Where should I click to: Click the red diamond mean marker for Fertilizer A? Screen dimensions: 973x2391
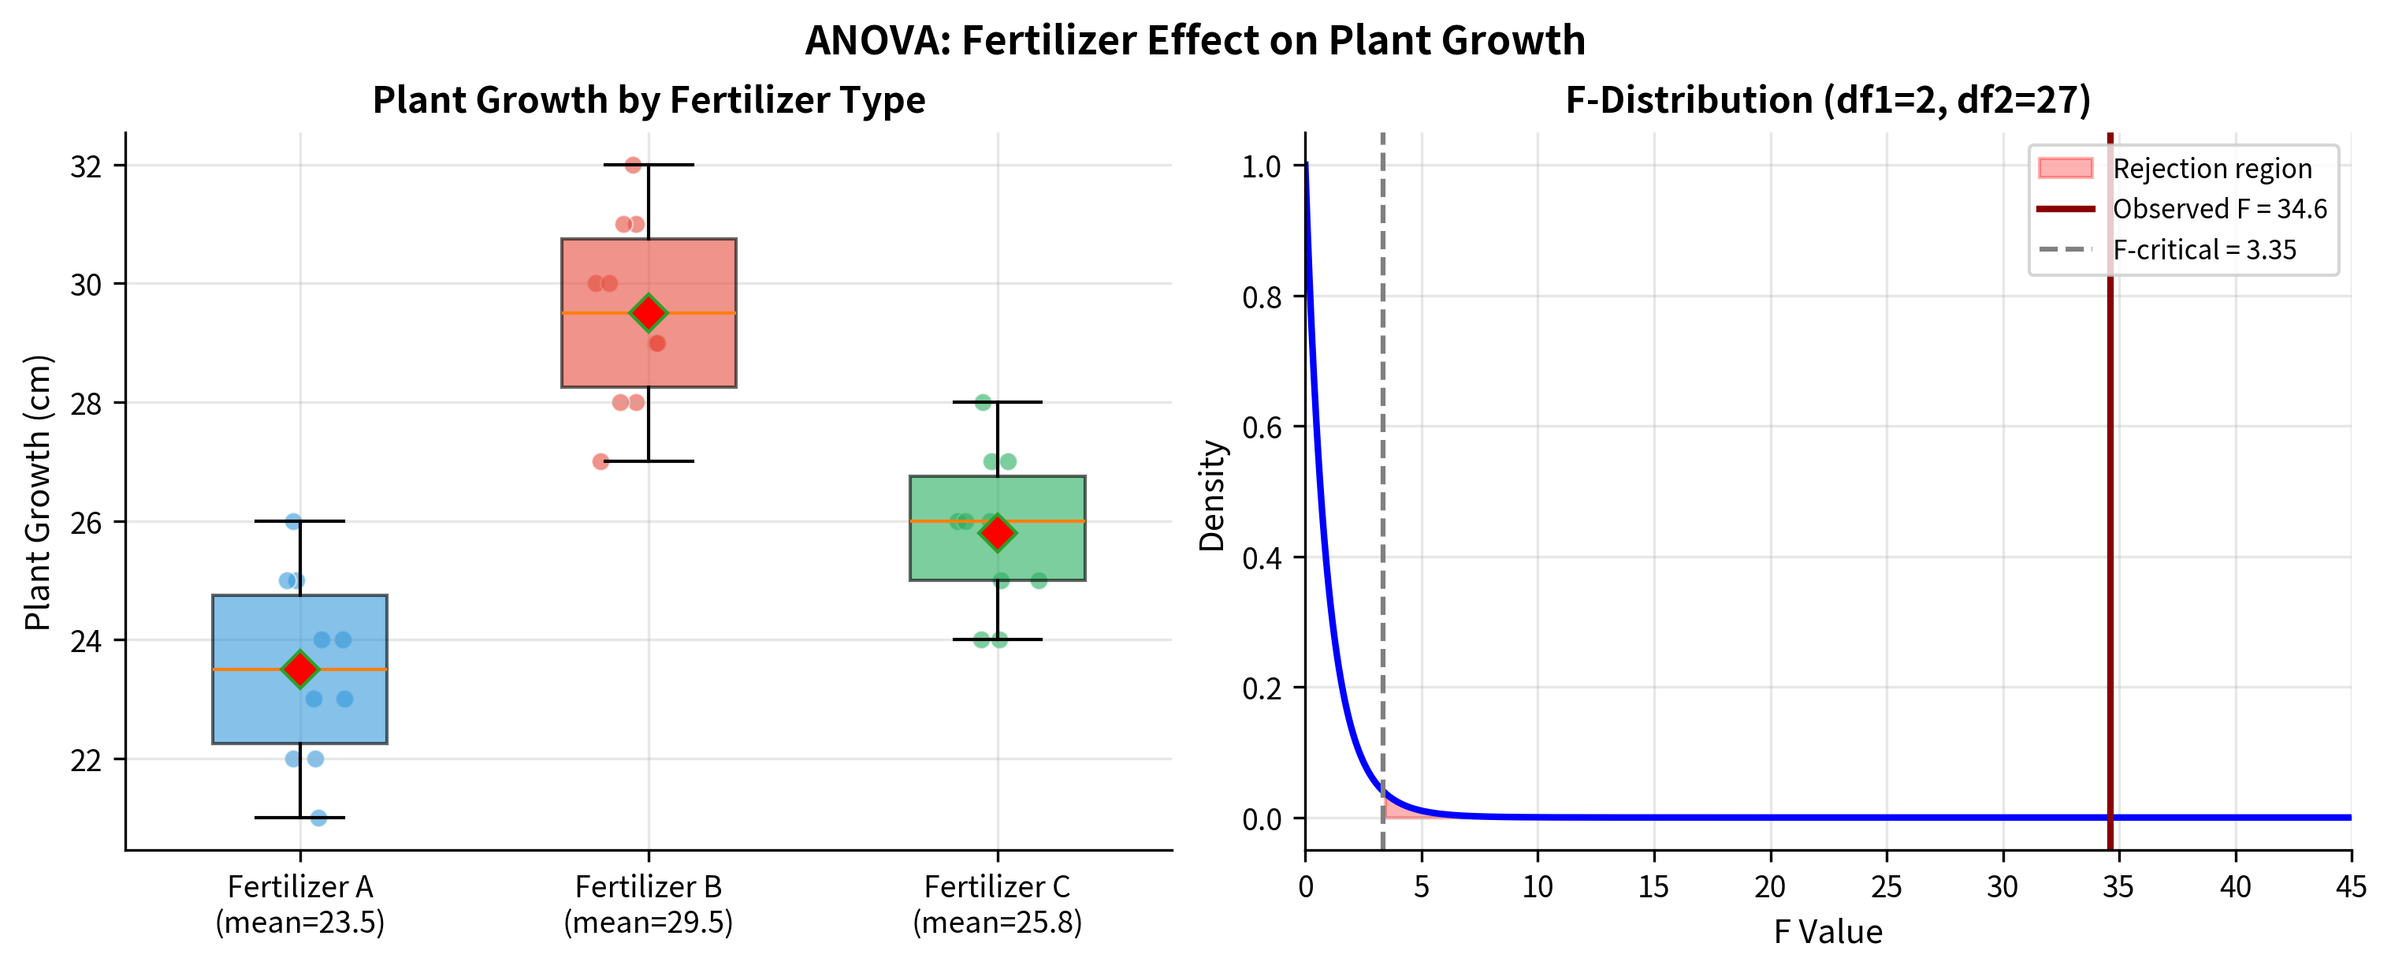coord(299,669)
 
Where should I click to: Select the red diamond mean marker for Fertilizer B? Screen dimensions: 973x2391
coord(648,313)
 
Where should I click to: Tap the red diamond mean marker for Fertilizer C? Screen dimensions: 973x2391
coord(997,532)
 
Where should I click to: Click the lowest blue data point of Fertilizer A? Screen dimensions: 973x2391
coord(318,817)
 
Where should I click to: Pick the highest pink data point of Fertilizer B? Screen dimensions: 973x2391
coord(633,166)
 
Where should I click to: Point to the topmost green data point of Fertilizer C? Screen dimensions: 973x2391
coord(983,402)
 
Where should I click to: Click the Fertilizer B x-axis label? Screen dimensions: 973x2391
coord(648,904)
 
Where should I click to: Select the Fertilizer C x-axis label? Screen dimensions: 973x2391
coord(997,904)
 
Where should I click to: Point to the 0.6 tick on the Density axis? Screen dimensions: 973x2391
coord(1262,428)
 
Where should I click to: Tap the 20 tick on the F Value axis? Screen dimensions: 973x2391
coord(1769,886)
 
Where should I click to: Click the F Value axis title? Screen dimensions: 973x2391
coord(1828,931)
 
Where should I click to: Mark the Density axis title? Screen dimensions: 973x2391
coord(1212,495)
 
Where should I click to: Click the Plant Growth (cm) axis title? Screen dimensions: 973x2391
coord(37,492)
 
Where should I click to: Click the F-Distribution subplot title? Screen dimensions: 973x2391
coord(1828,99)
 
